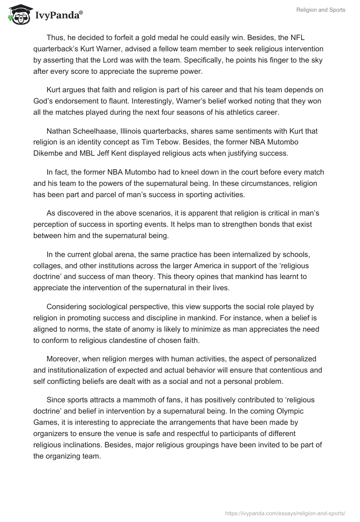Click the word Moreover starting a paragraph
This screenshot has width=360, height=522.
pyautogui.click(x=63, y=359)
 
